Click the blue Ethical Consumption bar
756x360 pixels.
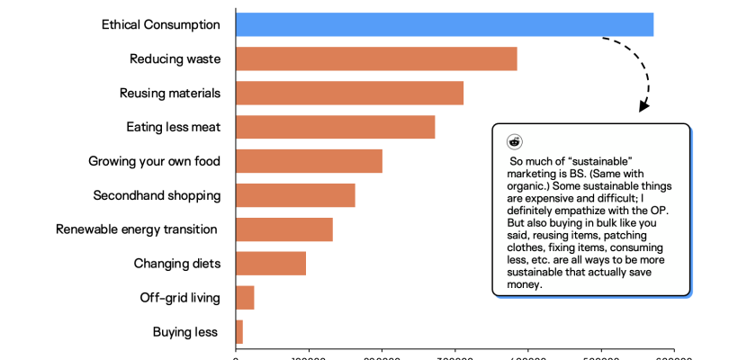click(x=445, y=24)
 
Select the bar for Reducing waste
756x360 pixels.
click(x=376, y=58)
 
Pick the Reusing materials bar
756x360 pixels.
click(x=349, y=93)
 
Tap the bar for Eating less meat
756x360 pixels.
click(x=335, y=127)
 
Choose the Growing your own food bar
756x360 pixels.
click(x=309, y=161)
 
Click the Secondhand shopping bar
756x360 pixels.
click(x=295, y=195)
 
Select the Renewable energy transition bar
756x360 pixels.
click(x=284, y=229)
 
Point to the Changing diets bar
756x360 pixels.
click(x=271, y=264)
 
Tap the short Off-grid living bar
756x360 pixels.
click(x=245, y=298)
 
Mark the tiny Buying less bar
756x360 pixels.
click(x=239, y=332)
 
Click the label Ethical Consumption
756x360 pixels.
click(x=160, y=24)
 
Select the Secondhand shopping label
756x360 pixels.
click(x=157, y=195)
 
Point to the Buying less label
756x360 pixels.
click(x=186, y=332)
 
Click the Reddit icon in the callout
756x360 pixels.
click(x=515, y=141)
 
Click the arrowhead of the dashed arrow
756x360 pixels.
click(x=643, y=106)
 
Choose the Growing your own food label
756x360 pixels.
click(x=154, y=161)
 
